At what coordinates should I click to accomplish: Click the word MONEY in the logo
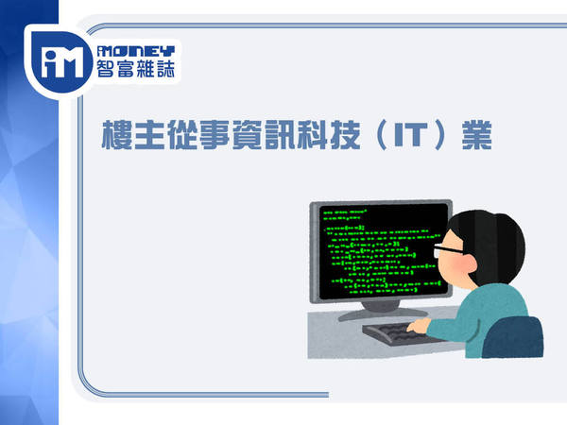pyautogui.click(x=136, y=51)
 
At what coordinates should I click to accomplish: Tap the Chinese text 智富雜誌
pyautogui.click(x=136, y=69)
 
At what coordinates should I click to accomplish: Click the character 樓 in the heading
pyautogui.click(x=116, y=135)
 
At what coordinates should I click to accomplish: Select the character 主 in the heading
pyautogui.click(x=149, y=135)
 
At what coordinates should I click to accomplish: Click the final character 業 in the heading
pyautogui.click(x=477, y=135)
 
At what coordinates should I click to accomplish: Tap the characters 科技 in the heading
pyautogui.click(x=330, y=135)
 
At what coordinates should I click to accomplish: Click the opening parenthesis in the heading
pyautogui.click(x=381, y=135)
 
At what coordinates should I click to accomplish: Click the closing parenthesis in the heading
pyautogui.click(x=438, y=135)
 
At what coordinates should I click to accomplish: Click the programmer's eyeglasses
pyautogui.click(x=447, y=250)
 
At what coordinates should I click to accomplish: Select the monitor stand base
pyautogui.click(x=383, y=314)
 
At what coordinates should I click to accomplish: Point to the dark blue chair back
pyautogui.click(x=513, y=337)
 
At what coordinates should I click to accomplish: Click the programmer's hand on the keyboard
pyautogui.click(x=419, y=326)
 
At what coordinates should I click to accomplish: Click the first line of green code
pyautogui.click(x=345, y=212)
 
